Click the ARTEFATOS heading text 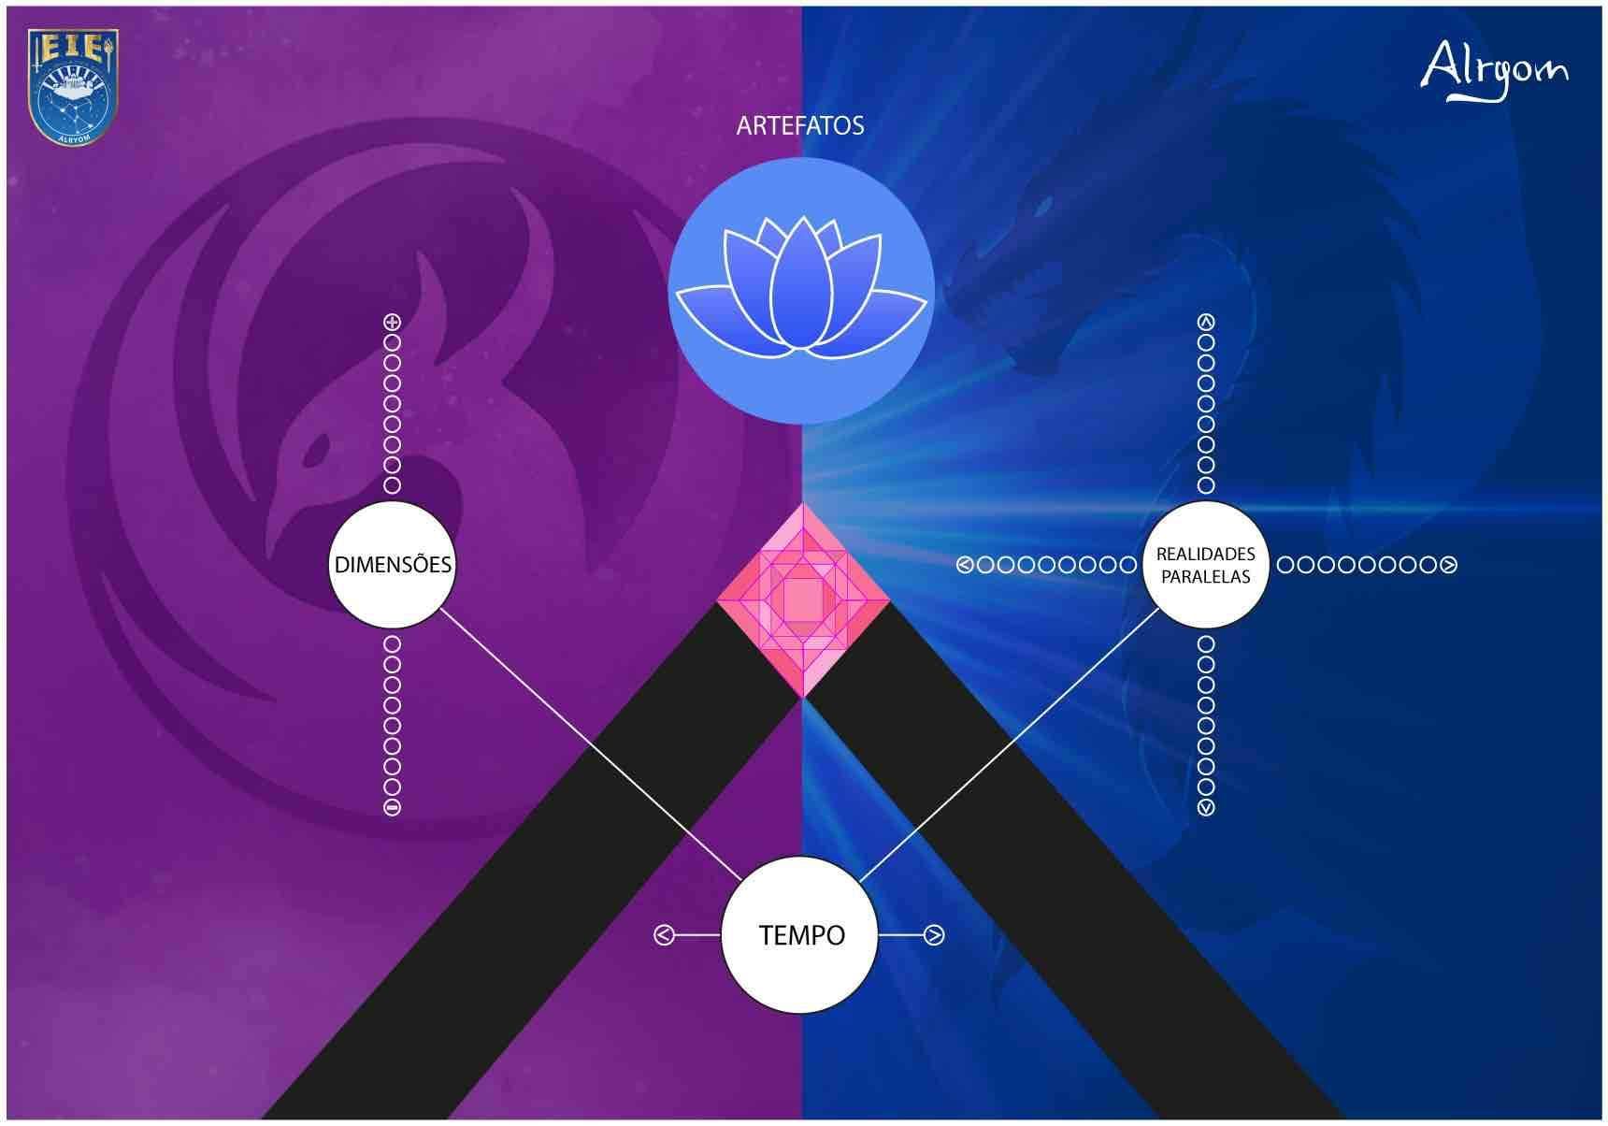pyautogui.click(x=800, y=126)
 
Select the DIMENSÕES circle pyautogui.click(x=393, y=565)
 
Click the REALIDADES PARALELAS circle pyautogui.click(x=1206, y=565)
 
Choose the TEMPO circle pyautogui.click(x=801, y=935)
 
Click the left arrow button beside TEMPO pyautogui.click(x=664, y=935)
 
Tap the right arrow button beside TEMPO pyautogui.click(x=934, y=935)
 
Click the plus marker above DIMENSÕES pyautogui.click(x=393, y=323)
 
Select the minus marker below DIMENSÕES pyautogui.click(x=393, y=806)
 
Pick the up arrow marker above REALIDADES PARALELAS pyautogui.click(x=1206, y=323)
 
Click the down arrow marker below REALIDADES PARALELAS pyautogui.click(x=1206, y=806)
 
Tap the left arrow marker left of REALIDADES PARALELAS pyautogui.click(x=966, y=565)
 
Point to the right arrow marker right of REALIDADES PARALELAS pyautogui.click(x=1449, y=565)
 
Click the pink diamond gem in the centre pyautogui.click(x=803, y=600)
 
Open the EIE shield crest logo pyautogui.click(x=74, y=86)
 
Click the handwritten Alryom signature pyautogui.click(x=1494, y=69)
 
